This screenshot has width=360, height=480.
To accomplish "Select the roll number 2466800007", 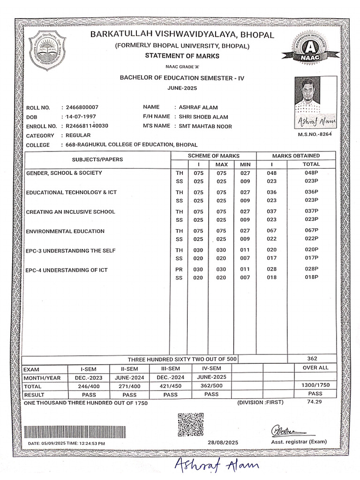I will [x=82, y=107].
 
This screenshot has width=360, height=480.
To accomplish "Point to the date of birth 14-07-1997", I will [x=82, y=117].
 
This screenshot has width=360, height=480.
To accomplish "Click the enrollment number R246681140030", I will [x=87, y=126].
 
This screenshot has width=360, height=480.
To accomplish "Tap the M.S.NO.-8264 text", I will [x=315, y=135].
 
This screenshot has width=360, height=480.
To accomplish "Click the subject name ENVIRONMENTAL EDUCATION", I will [x=65, y=232].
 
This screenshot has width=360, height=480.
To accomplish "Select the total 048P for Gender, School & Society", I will [x=311, y=173].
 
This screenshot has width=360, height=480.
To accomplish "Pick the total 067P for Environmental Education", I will [x=311, y=231].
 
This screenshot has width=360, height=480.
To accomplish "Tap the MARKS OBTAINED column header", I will [x=296, y=156].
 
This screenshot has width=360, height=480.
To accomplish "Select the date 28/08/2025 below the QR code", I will [x=223, y=442].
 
